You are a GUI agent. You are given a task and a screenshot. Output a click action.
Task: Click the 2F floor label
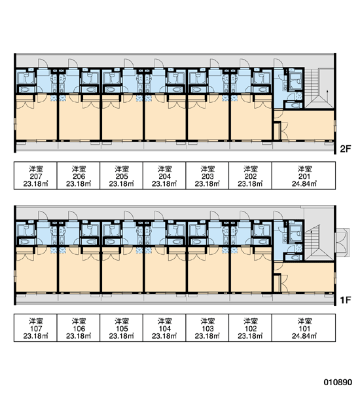[346, 149]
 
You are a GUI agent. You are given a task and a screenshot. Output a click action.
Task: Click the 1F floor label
[346, 300]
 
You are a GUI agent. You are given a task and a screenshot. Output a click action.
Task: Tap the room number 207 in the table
[36, 176]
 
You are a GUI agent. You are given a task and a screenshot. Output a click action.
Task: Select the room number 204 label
[164, 176]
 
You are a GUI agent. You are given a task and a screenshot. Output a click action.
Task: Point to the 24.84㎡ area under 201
[304, 183]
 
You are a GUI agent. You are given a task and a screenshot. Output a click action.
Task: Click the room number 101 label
[304, 329]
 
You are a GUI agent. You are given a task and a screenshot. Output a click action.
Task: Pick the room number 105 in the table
[122, 329]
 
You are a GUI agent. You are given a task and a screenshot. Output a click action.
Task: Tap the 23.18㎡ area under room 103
[207, 336]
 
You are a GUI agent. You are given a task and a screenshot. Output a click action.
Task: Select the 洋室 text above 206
[79, 169]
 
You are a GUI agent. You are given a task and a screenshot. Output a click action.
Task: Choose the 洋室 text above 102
[251, 321]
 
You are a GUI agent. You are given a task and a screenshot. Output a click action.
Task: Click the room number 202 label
[251, 176]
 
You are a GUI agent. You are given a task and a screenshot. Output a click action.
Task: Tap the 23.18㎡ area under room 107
[36, 336]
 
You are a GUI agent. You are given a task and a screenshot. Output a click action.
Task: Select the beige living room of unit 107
[37, 272]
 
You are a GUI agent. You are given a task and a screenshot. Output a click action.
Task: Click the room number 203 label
[207, 176]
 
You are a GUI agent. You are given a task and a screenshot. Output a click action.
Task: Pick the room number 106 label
[79, 329]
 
